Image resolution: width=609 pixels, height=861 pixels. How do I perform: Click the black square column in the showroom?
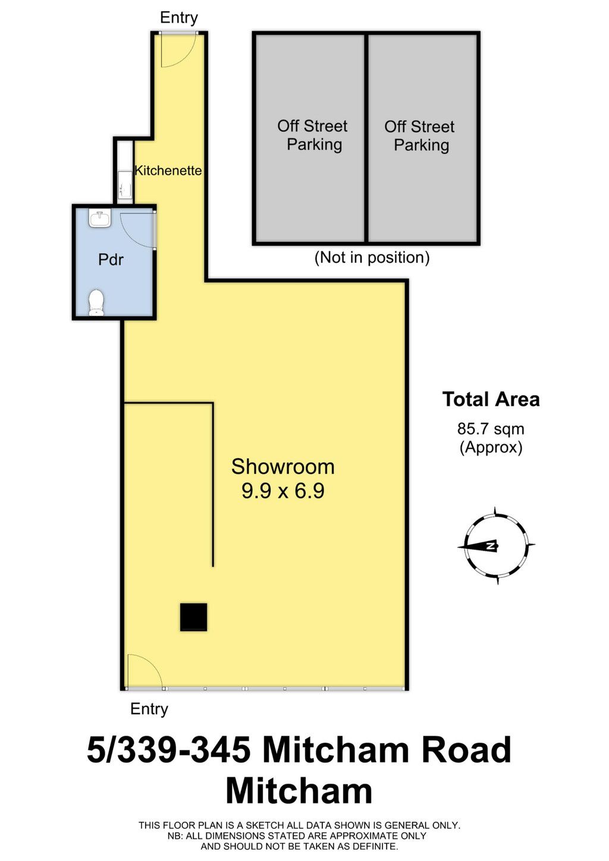(x=193, y=617)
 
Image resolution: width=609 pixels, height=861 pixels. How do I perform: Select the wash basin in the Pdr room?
(x=100, y=218)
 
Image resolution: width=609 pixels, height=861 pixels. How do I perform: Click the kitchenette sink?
(x=124, y=184)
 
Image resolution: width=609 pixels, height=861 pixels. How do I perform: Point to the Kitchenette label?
(x=168, y=170)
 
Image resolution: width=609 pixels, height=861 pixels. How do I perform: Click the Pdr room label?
(x=111, y=260)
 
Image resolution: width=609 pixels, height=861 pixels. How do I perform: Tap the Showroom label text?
(x=283, y=467)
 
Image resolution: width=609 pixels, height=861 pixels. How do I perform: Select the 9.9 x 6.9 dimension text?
(x=283, y=491)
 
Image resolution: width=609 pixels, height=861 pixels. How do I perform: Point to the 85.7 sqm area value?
(x=491, y=429)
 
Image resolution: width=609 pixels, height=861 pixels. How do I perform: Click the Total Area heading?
(x=491, y=399)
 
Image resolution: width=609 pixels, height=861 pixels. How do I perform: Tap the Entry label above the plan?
(x=179, y=18)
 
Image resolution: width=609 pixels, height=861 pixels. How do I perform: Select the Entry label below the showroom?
(x=149, y=709)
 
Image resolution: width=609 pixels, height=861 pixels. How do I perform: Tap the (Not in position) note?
(x=372, y=257)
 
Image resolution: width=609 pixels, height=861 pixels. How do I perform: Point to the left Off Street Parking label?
(x=313, y=136)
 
